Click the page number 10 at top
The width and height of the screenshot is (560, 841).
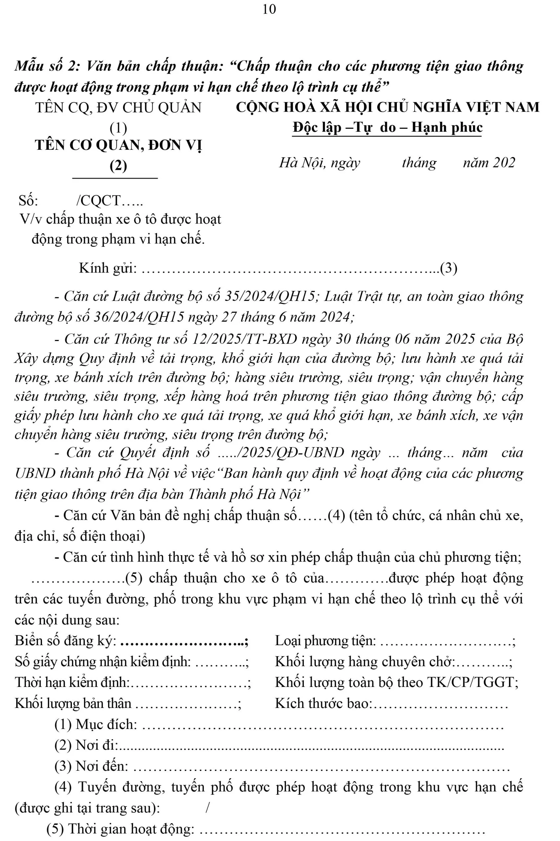click(269, 9)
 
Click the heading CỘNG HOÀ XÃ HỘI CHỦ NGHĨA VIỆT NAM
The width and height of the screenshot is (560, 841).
click(387, 107)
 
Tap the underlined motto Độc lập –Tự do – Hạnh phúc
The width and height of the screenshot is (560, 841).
click(387, 127)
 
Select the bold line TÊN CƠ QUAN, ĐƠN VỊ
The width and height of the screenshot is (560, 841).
click(118, 146)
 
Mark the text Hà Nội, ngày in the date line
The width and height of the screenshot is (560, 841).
click(320, 163)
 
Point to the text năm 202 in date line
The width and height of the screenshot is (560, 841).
click(489, 163)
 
